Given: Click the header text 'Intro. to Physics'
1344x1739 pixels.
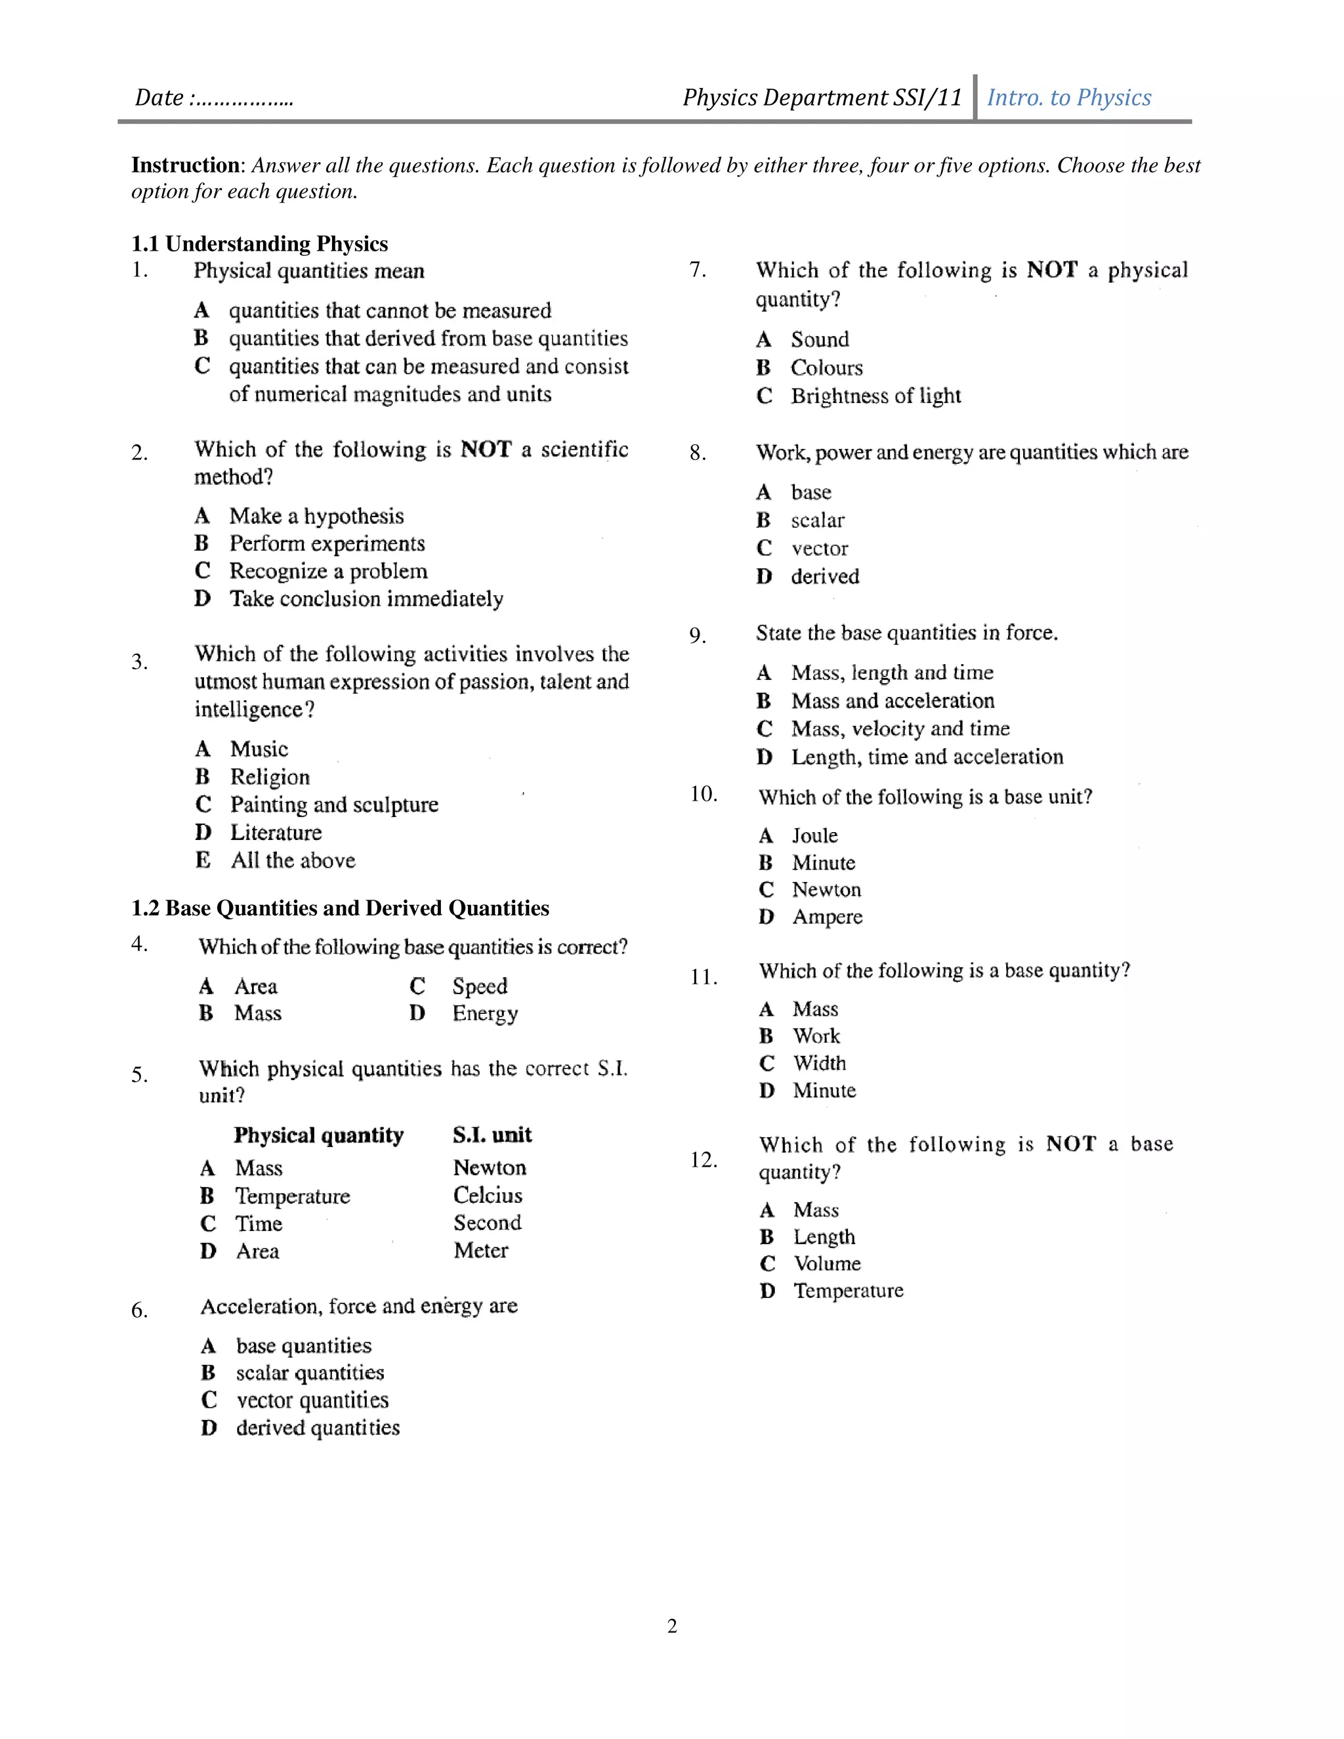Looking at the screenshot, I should [1068, 97].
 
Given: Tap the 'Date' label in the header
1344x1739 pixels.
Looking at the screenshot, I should [159, 98].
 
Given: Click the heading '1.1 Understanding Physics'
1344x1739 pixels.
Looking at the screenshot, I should [260, 243].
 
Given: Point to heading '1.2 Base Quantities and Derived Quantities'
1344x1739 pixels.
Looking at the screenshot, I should [340, 908].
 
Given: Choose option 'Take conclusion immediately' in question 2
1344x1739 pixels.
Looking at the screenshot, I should [366, 598].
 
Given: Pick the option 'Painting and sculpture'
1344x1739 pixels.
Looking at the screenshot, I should [335, 805].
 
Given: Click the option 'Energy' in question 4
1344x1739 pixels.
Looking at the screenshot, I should [485, 1014].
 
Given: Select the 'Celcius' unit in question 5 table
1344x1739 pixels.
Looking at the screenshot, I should [488, 1195].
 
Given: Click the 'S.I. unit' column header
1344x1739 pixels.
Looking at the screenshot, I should [492, 1135].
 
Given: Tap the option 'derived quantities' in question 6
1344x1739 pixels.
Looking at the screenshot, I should [318, 1428].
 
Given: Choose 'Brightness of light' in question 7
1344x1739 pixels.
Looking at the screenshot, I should [876, 396].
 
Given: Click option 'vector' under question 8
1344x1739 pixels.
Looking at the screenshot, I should [819, 548].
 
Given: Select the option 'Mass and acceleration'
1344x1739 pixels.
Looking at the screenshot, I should [892, 701].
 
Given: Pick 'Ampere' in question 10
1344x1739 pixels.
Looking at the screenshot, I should [828, 917].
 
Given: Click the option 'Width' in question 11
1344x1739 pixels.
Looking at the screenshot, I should [819, 1063].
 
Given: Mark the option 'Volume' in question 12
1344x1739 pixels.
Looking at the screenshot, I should [828, 1264].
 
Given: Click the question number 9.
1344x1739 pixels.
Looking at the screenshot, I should [698, 635].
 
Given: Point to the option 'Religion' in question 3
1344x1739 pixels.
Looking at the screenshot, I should [270, 776].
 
